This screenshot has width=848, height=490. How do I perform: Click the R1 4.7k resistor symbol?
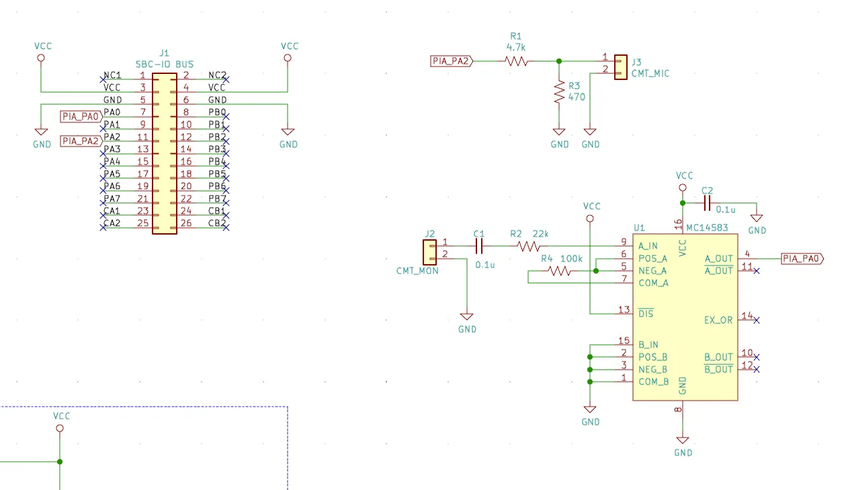click(516, 61)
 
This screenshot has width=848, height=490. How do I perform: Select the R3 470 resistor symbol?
click(559, 91)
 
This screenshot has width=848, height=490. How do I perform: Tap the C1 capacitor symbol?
click(479, 246)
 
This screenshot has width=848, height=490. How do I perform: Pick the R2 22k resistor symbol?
click(528, 247)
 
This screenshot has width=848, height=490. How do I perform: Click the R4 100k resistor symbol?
click(560, 271)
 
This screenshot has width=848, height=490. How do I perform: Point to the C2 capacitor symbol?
click(707, 204)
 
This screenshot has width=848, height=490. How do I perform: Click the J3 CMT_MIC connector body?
click(620, 67)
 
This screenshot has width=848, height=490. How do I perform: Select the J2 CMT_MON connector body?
click(429, 252)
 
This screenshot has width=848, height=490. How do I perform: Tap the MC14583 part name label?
click(707, 228)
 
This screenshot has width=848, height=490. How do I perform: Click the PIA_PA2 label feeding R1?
click(452, 61)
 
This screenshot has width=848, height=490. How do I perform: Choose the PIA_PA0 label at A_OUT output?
click(802, 259)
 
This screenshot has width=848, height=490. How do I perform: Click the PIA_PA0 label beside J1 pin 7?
click(81, 117)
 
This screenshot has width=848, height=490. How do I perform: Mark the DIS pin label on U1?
click(646, 313)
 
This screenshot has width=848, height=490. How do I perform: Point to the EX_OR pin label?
click(718, 321)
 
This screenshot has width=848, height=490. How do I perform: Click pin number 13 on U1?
click(624, 310)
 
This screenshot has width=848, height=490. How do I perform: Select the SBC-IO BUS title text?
click(165, 65)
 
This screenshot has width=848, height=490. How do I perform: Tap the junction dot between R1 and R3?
click(559, 61)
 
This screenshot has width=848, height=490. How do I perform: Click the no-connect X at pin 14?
click(757, 321)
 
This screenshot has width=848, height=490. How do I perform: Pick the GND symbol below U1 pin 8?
click(683, 440)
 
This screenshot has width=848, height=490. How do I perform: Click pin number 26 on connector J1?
click(186, 223)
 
